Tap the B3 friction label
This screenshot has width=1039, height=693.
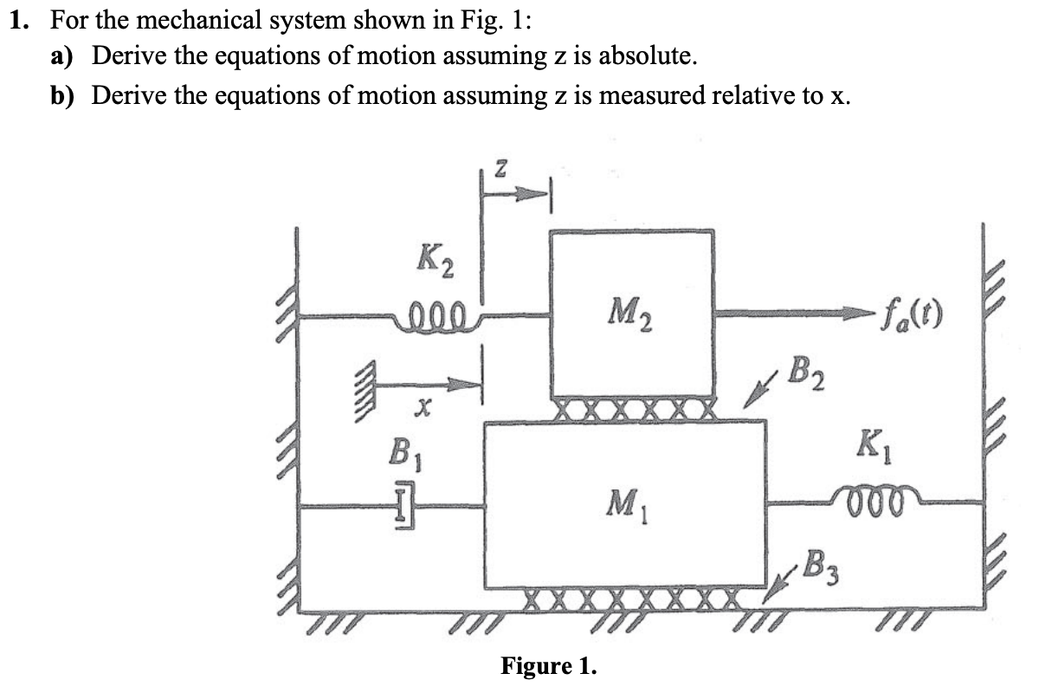(x=817, y=569)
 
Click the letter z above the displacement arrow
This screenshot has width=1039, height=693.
(x=500, y=167)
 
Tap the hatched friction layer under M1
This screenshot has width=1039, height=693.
(x=631, y=599)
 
